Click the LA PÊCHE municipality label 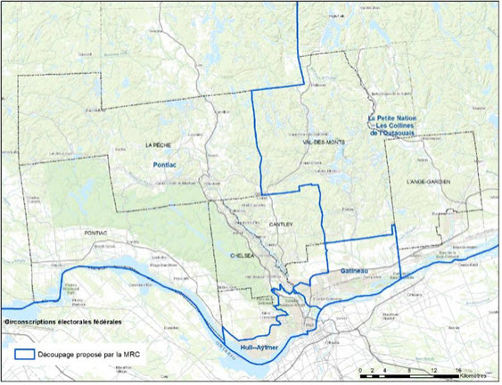point(157,143)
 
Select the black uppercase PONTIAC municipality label point(95,233)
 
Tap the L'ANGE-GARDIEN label point(426,182)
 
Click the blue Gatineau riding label point(354,269)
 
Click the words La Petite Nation point(395,117)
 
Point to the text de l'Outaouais point(399,132)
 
